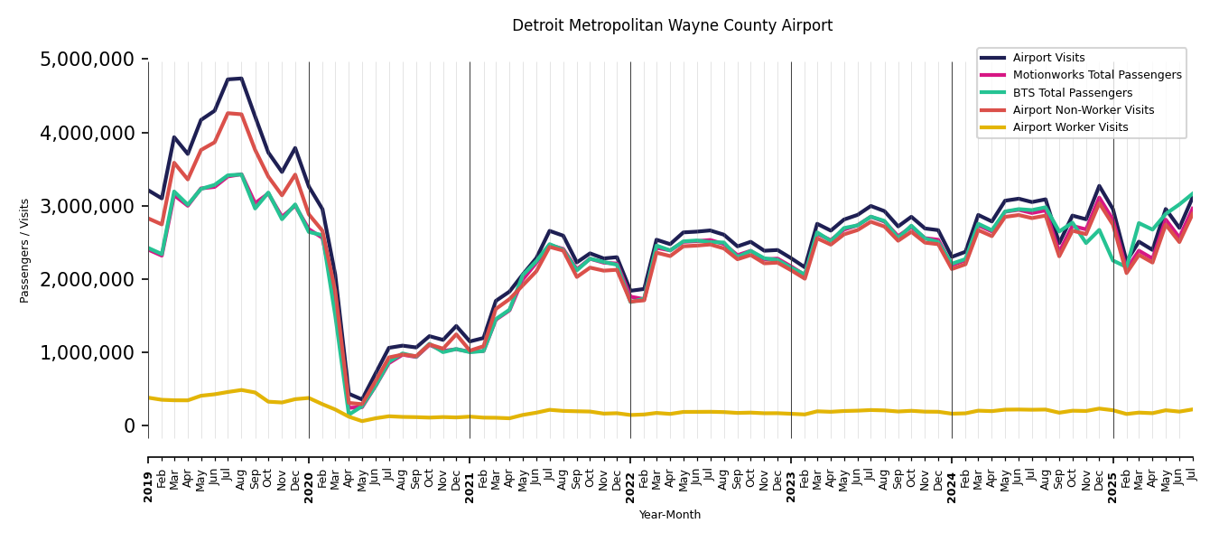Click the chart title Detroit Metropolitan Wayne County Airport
click(x=672, y=26)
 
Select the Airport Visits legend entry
click(x=1048, y=58)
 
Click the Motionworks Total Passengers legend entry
click(x=1096, y=75)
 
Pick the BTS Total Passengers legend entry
click(x=1072, y=93)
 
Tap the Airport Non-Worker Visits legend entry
click(x=1083, y=110)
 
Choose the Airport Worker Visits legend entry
click(x=1070, y=127)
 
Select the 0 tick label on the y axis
click(x=129, y=425)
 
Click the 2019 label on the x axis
click(x=148, y=473)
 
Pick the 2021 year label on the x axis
click(x=470, y=473)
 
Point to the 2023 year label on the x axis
click(x=791, y=473)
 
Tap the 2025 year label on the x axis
click(x=1112, y=473)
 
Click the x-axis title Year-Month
click(x=670, y=515)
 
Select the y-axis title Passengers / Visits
click(x=25, y=250)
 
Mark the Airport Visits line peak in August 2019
click(x=241, y=79)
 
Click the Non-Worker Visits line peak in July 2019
click(x=228, y=113)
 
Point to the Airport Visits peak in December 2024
click(x=1099, y=186)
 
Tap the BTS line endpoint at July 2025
click(x=1192, y=193)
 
